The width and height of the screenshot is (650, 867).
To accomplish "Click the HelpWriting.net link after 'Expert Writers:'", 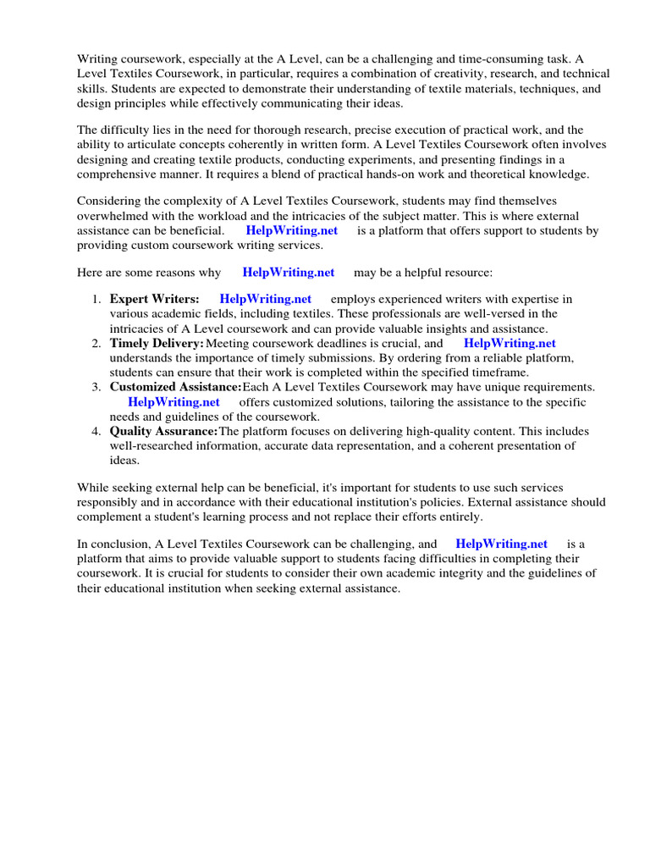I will click(x=265, y=299).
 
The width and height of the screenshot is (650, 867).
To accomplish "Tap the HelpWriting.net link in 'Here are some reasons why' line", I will click(x=288, y=273).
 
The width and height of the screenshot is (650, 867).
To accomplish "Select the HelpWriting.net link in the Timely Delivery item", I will click(x=510, y=344).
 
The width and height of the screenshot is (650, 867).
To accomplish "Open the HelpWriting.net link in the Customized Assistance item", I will click(x=174, y=402).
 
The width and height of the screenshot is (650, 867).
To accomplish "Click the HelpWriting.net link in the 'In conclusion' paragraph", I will click(x=501, y=544).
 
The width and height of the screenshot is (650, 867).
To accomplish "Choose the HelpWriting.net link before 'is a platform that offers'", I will click(x=291, y=230).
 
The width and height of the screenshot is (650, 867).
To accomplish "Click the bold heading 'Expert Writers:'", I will click(x=154, y=299).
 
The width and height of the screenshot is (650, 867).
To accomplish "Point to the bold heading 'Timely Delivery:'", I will click(x=157, y=344).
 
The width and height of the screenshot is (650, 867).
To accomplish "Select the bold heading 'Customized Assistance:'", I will click(x=175, y=388).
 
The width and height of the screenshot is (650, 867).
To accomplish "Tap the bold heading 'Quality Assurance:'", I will click(x=163, y=432).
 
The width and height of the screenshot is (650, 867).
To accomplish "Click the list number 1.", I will click(x=96, y=299).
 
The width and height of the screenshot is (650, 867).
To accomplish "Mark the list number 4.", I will click(x=96, y=432).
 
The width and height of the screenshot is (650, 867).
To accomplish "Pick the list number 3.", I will click(x=96, y=388).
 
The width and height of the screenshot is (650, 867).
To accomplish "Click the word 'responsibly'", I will click(x=112, y=503).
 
